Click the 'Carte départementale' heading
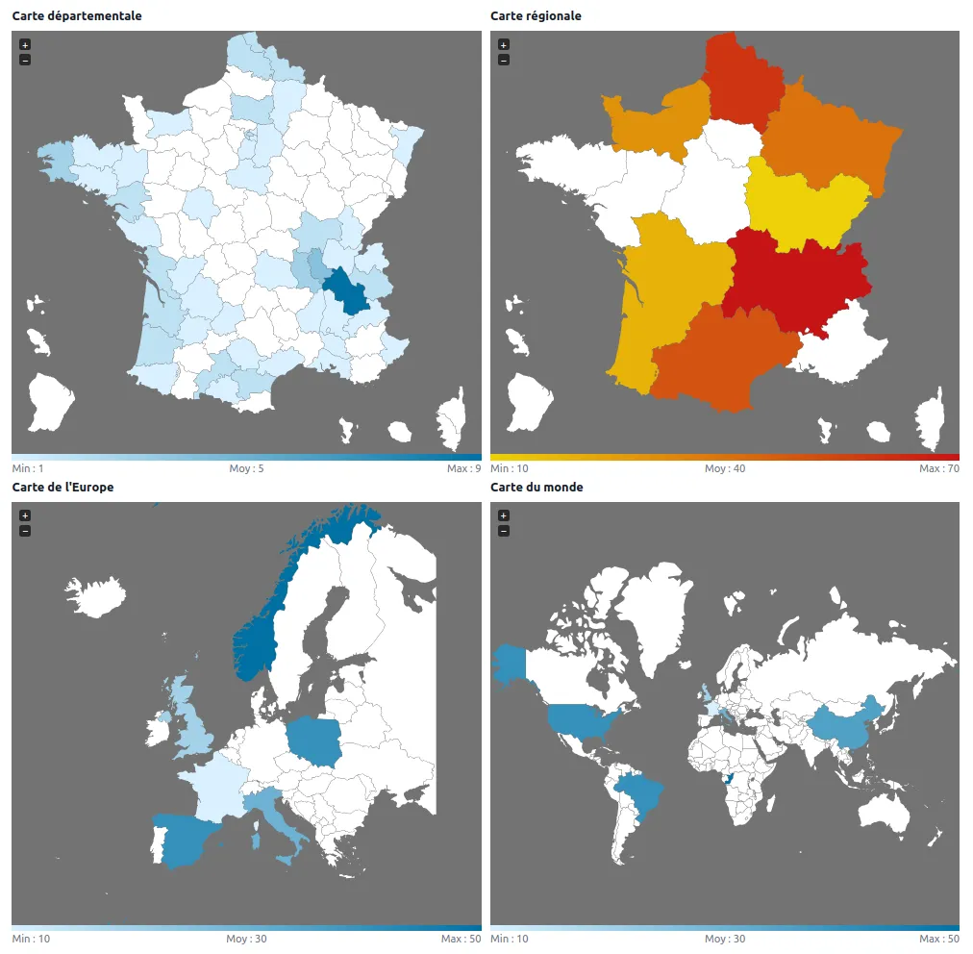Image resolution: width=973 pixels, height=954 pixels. [x=77, y=16]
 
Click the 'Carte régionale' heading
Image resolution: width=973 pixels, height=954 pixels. [x=536, y=16]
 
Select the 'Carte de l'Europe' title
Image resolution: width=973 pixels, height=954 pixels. [x=62, y=488]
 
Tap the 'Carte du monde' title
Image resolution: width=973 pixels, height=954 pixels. [x=536, y=488]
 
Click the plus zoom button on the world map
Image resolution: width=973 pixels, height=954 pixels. [x=504, y=516]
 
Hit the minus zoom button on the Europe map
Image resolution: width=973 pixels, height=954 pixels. [x=25, y=531]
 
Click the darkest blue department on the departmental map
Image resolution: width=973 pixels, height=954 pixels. [x=347, y=291]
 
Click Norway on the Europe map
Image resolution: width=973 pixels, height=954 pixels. [x=256, y=644]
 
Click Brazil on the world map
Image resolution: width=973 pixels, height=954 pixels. [x=640, y=795]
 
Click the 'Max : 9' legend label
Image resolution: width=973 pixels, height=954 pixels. [x=463, y=468]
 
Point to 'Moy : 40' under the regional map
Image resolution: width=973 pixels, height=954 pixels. [x=725, y=468]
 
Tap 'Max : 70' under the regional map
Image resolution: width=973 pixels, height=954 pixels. [x=938, y=468]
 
